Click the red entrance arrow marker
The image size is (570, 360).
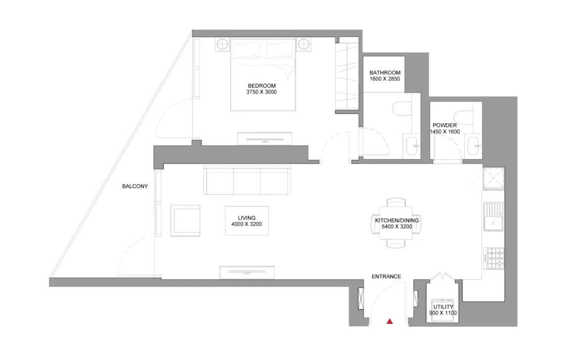(390, 322)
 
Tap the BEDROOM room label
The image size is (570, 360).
(262, 86)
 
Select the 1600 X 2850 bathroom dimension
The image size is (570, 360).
(384, 79)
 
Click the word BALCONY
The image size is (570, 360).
(135, 186)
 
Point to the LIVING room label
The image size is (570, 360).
(246, 218)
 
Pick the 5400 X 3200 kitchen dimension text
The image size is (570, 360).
(397, 227)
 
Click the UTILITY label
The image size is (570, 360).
(443, 307)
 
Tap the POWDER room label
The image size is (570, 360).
(444, 126)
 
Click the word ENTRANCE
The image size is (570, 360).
(386, 276)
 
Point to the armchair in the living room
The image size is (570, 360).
(186, 221)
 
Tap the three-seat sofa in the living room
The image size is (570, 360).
(246, 181)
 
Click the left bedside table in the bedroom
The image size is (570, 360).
(222, 45)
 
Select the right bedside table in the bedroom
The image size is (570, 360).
(304, 45)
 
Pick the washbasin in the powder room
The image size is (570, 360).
(474, 146)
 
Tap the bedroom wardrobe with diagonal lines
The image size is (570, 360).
(347, 76)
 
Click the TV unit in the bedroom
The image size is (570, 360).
(264, 138)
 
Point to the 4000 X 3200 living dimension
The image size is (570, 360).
(246, 225)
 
